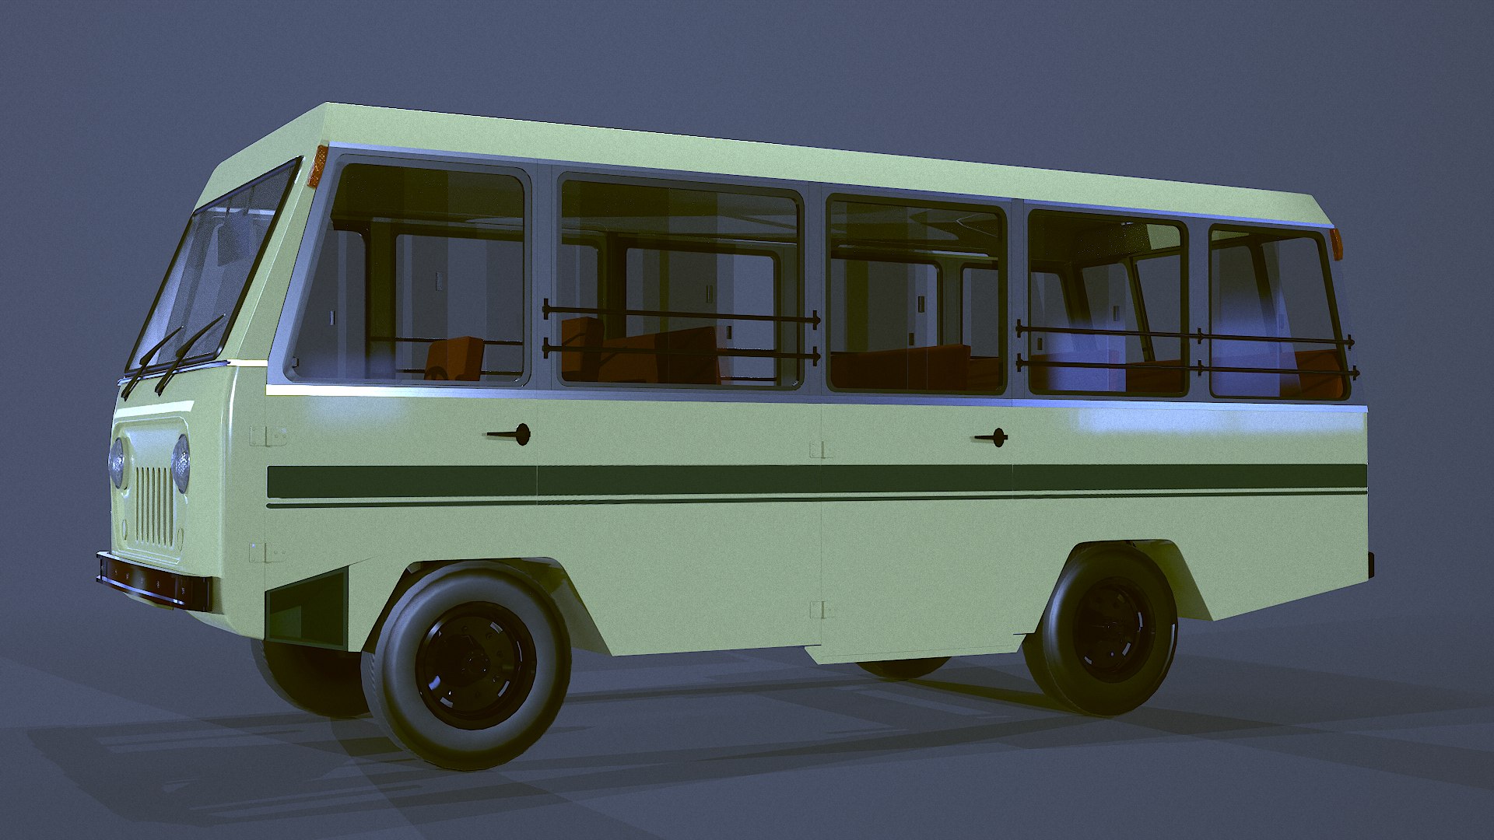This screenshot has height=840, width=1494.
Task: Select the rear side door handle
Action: click(992, 438)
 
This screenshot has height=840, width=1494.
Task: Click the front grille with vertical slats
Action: click(154, 506)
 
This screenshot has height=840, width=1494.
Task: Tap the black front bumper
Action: click(153, 580)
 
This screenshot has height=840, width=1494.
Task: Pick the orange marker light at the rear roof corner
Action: click(1337, 244)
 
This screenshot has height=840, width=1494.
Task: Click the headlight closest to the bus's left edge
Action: click(117, 464)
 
